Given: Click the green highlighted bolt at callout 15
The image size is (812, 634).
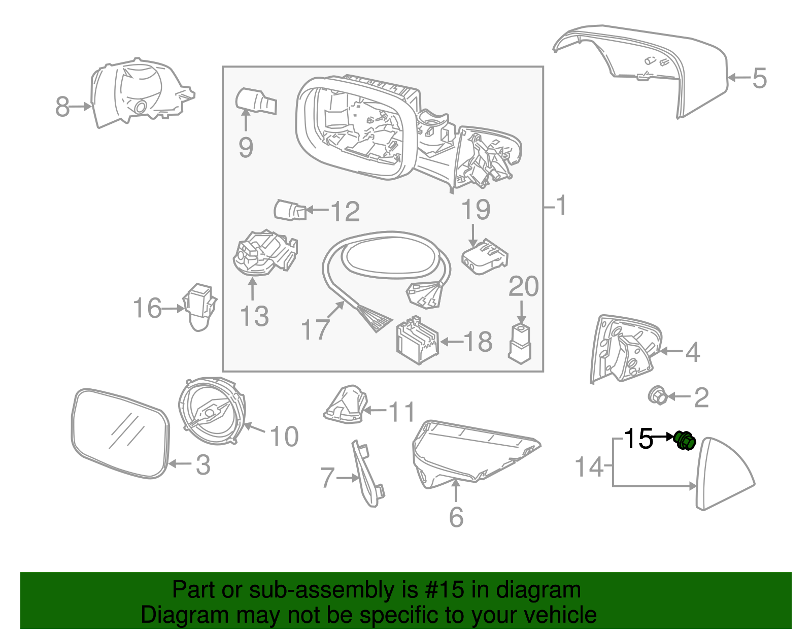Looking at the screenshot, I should [x=685, y=440].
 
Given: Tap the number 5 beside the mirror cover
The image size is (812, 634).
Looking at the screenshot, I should [x=759, y=79].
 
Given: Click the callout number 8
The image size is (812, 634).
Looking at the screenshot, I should [x=62, y=107].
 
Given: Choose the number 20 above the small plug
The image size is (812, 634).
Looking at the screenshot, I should [x=523, y=287].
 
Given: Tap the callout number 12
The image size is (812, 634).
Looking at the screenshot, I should [x=345, y=211].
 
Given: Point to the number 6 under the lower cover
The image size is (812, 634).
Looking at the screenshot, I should [x=456, y=517].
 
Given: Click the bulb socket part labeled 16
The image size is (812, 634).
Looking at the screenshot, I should [x=199, y=307].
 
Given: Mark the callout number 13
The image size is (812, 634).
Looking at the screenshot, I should [x=254, y=316].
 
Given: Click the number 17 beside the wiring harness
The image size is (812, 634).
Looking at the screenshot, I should [x=315, y=329].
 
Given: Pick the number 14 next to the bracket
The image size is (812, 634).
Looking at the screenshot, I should [x=589, y=466].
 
